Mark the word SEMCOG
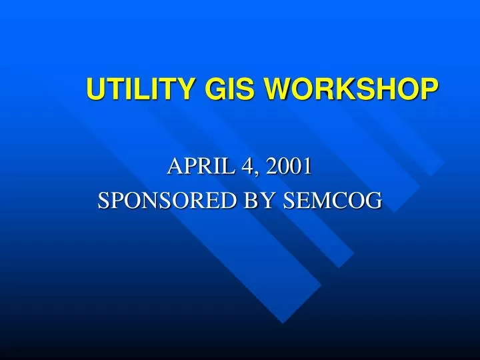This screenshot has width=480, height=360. click(x=333, y=201)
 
